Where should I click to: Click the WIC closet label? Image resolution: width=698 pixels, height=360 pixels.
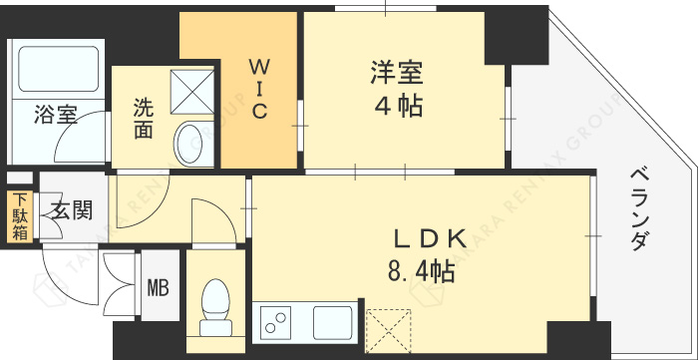click(257, 90)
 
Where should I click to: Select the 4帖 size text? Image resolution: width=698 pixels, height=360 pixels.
click(398, 107)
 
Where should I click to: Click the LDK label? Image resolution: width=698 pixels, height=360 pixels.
click(429, 238)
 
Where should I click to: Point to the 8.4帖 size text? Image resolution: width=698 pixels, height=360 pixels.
click(421, 271)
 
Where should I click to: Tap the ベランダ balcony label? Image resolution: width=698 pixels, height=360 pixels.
click(640, 208)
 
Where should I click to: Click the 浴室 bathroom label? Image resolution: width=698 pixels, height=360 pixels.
click(56, 115)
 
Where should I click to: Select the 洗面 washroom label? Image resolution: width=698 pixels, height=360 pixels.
click(144, 119)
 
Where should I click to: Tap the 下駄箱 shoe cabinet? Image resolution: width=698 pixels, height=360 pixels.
click(20, 216)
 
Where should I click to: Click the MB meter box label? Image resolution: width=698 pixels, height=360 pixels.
click(158, 288)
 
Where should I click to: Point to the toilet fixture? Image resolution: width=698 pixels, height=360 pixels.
click(215, 307)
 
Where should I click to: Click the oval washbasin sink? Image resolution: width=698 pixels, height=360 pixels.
click(189, 144)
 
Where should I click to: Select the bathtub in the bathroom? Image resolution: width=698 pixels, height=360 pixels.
click(58, 69)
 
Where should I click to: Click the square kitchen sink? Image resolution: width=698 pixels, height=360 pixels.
click(332, 323)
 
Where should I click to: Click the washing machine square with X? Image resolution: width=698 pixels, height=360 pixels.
click(192, 92)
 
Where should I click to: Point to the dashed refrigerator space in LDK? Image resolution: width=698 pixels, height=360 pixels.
click(388, 331)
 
